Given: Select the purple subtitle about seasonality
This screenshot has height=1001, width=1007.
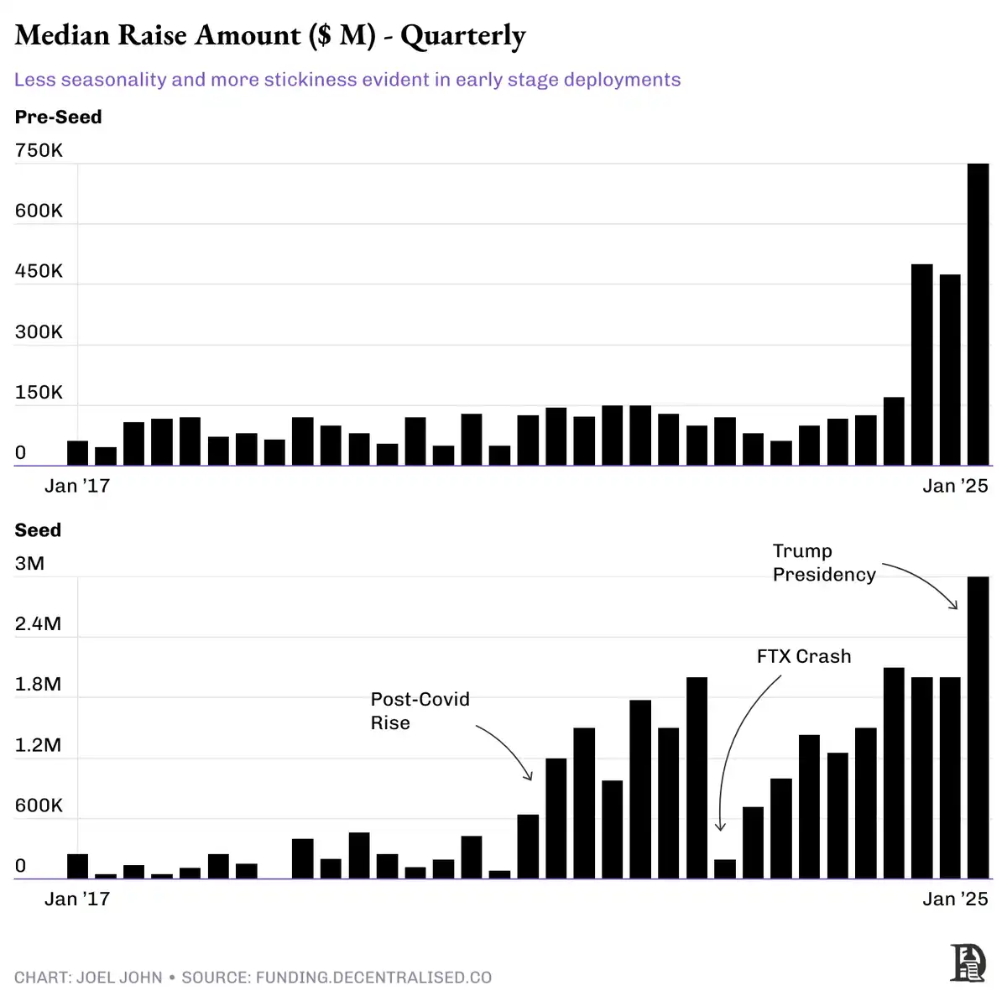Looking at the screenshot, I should click(347, 80).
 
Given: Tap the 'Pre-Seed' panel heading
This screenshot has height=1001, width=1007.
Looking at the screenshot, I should click(58, 117).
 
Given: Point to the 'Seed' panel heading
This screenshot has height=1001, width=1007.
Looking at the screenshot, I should click(38, 530).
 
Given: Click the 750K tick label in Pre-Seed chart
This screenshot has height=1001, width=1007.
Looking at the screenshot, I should click(39, 151).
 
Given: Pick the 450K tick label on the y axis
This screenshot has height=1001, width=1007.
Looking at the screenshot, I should click(39, 272).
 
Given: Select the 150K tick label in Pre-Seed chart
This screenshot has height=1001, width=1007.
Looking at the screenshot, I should click(39, 393).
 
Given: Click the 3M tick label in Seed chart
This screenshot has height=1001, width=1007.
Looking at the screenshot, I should click(29, 564).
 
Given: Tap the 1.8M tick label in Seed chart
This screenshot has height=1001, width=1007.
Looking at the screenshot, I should click(38, 685).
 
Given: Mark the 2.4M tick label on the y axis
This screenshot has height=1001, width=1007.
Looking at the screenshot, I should click(38, 624).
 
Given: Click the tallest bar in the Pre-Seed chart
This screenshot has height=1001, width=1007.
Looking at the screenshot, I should click(978, 315).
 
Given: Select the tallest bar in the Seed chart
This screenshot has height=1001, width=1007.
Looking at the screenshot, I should click(978, 727).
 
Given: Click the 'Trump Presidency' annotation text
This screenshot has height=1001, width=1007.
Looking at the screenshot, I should click(812, 563).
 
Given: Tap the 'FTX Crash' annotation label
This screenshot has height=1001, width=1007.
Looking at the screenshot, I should click(804, 657).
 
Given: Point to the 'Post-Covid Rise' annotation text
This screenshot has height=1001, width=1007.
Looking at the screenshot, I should click(420, 712).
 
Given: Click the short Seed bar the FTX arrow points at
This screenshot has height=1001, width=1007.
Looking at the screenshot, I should click(725, 869).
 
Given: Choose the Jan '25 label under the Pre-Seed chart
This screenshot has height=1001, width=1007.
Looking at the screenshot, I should click(955, 487).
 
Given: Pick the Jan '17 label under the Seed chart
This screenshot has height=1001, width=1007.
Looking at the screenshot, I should click(77, 899).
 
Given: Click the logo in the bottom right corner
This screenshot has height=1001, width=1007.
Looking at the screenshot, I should click(968, 962).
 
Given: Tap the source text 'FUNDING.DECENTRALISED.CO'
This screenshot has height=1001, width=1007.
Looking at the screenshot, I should click(373, 978).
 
